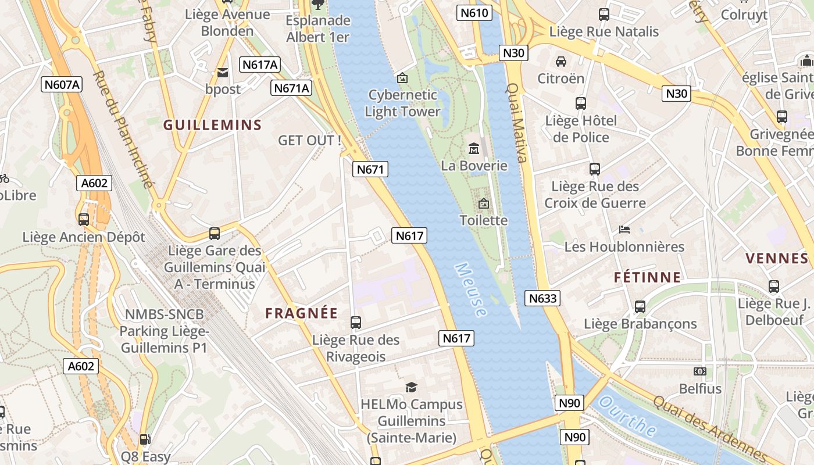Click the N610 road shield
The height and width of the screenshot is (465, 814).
[474, 13]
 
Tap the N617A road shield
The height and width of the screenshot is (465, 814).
[259, 65]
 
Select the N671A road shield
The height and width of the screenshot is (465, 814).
[291, 88]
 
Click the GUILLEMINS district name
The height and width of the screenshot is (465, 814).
[212, 125]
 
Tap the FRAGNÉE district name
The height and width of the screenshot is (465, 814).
[301, 313]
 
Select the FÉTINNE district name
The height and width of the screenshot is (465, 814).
[647, 277]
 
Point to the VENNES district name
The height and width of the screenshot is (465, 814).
[777, 258]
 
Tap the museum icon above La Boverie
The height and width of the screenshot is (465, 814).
[474, 149]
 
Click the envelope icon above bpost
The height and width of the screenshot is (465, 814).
[222, 73]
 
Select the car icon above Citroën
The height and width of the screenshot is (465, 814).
[560, 61]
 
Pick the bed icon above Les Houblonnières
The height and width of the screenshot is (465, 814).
[624, 230]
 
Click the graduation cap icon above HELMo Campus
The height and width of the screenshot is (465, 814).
[411, 387]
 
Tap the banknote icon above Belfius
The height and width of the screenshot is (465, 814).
[700, 371]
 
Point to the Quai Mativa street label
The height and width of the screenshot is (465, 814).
[516, 122]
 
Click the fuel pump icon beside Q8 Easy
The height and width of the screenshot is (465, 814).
[144, 440]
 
